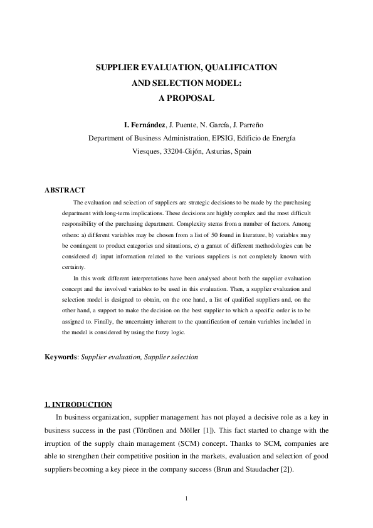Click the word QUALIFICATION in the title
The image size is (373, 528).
pyautogui.click(x=236, y=66)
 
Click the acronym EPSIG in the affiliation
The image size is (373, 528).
pyautogui.click(x=219, y=138)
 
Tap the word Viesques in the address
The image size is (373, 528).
pyautogui.click(x=146, y=151)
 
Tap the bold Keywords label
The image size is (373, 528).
pyautogui.click(x=61, y=357)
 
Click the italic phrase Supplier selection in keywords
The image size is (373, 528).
pyautogui.click(x=171, y=357)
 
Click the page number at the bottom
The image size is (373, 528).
pyautogui.click(x=187, y=499)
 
